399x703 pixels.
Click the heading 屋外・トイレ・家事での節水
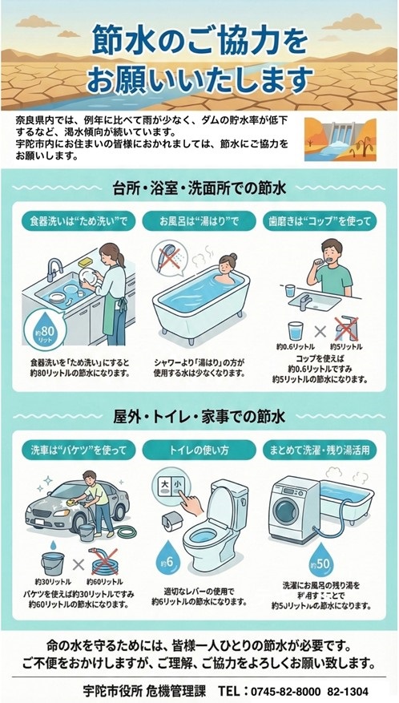(199, 417)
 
